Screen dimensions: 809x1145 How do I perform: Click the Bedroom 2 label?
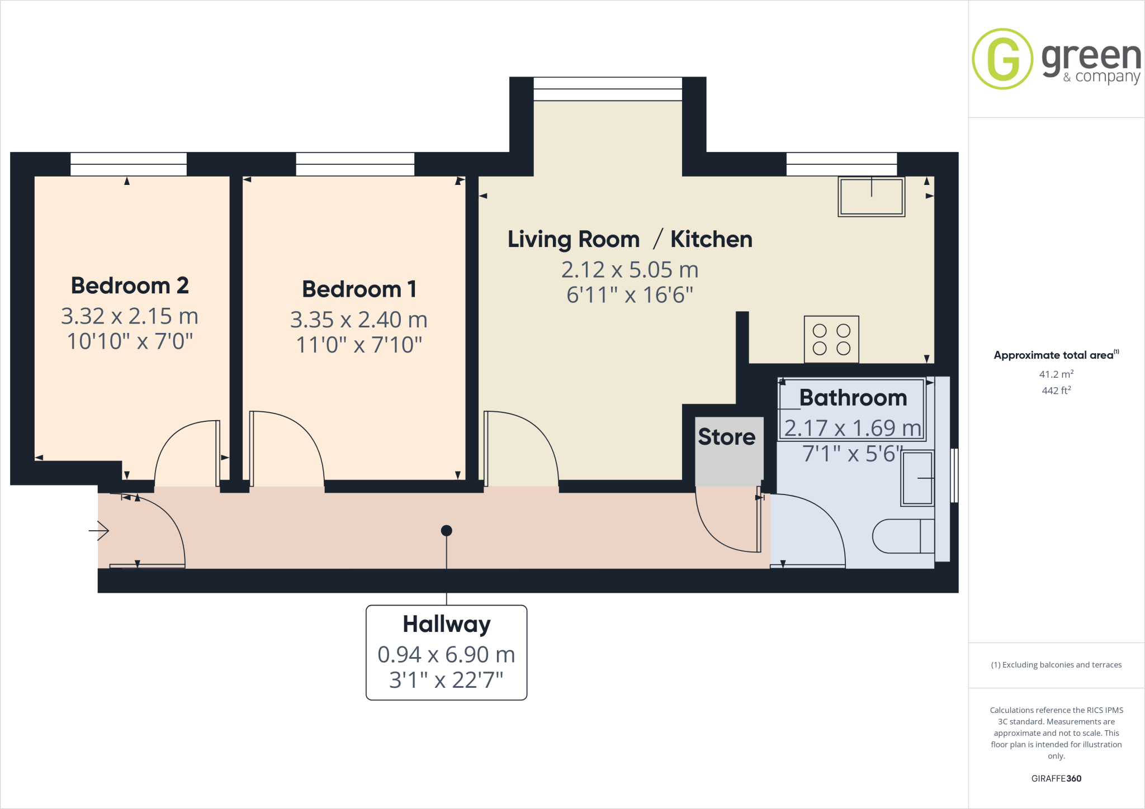(x=130, y=285)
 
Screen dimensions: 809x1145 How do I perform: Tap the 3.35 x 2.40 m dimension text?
(x=358, y=320)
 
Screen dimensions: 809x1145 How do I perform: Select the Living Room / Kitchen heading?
(x=630, y=239)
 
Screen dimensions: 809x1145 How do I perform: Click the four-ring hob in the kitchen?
(x=831, y=339)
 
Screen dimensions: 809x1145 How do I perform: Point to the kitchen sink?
(x=871, y=196)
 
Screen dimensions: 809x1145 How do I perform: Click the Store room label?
(x=726, y=437)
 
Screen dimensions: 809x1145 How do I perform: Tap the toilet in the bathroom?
(x=903, y=536)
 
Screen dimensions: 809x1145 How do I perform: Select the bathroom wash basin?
(x=917, y=478)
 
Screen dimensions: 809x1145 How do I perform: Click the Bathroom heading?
(x=853, y=398)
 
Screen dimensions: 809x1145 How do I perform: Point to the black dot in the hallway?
(x=446, y=530)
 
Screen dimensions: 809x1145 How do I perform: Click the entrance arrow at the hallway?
(x=100, y=530)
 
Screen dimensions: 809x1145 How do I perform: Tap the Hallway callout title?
(x=446, y=624)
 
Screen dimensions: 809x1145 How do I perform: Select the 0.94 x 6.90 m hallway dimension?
(x=446, y=654)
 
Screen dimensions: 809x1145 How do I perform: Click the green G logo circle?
(x=1002, y=59)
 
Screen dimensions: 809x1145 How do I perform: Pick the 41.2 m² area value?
(x=1056, y=374)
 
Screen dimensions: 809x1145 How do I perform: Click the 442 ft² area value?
(x=1056, y=391)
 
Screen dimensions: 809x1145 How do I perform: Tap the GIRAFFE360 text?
(x=1056, y=778)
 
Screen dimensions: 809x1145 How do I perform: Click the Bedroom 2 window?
(x=129, y=164)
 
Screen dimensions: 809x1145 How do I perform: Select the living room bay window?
(x=608, y=89)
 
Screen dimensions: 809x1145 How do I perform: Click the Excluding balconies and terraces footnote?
(x=1056, y=665)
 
